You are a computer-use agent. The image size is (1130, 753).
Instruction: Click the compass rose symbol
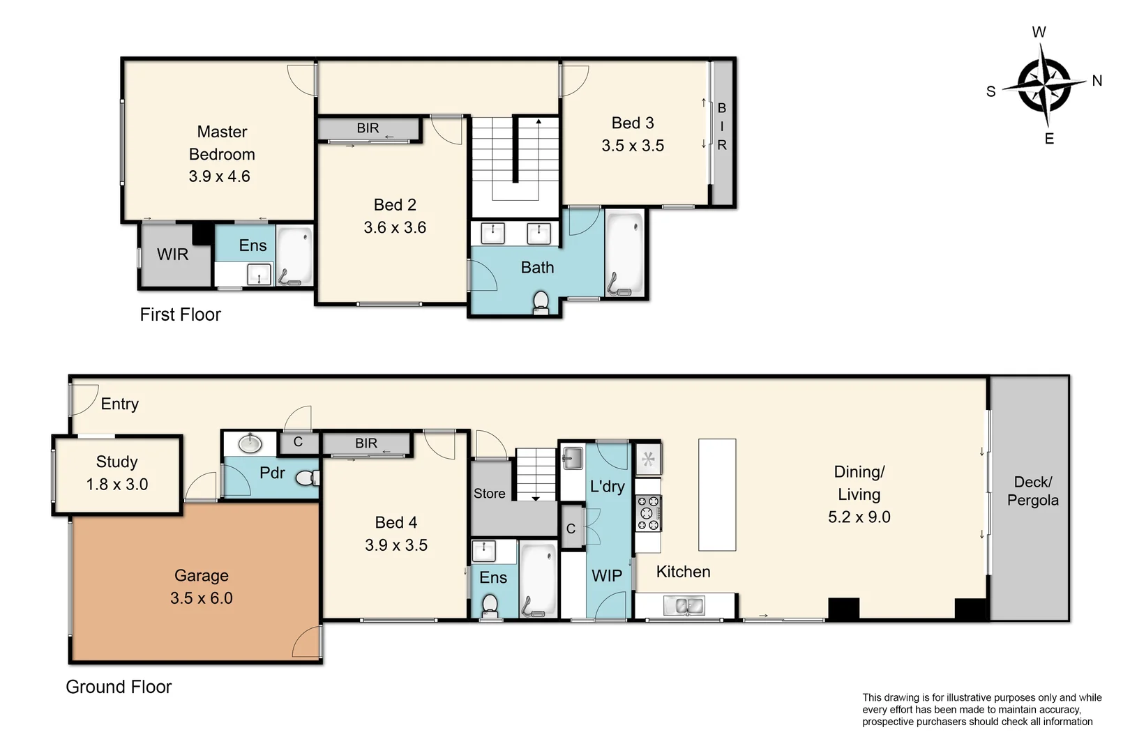tap(1044, 86)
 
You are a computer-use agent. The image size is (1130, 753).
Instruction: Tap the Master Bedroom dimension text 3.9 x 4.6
tap(219, 176)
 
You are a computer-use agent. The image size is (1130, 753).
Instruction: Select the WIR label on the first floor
tap(172, 254)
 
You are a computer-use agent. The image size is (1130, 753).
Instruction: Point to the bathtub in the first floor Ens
tap(295, 255)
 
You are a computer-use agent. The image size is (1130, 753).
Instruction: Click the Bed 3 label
tap(633, 123)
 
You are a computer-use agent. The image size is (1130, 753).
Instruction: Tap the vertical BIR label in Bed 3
tap(722, 127)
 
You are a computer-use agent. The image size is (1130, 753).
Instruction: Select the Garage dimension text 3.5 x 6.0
tap(201, 598)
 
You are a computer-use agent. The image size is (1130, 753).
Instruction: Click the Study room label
tap(116, 462)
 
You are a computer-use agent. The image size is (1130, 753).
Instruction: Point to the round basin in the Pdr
tap(250, 443)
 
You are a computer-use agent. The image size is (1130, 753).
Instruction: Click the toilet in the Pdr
tap(306, 478)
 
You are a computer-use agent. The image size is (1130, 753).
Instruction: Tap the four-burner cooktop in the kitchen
tap(648, 513)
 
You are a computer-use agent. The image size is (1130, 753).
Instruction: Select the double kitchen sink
tap(684, 606)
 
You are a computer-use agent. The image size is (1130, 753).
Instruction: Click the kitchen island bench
tap(717, 494)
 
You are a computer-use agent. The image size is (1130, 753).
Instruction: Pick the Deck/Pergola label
tap(1032, 491)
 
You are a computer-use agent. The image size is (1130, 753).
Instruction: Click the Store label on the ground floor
tap(489, 494)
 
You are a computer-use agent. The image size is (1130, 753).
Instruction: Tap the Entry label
tap(119, 404)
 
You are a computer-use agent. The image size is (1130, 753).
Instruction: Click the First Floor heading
tap(180, 314)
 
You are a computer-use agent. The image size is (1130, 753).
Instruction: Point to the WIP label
tap(606, 576)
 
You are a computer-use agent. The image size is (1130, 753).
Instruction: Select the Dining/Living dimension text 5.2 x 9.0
tap(859, 517)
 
